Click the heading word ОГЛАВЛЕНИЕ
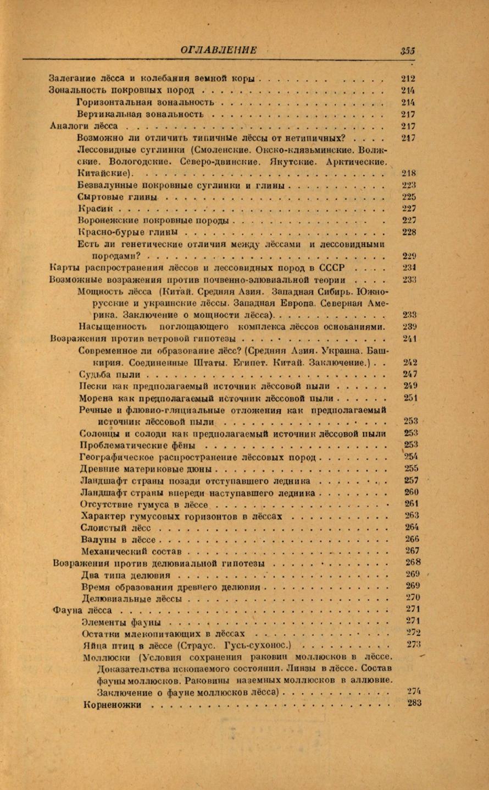[218, 50]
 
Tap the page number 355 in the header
[408, 51]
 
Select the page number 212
[408, 79]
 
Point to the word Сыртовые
[97, 197]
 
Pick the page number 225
[409, 197]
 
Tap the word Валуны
[98, 540]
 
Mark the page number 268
[413, 562]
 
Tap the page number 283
[414, 703]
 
